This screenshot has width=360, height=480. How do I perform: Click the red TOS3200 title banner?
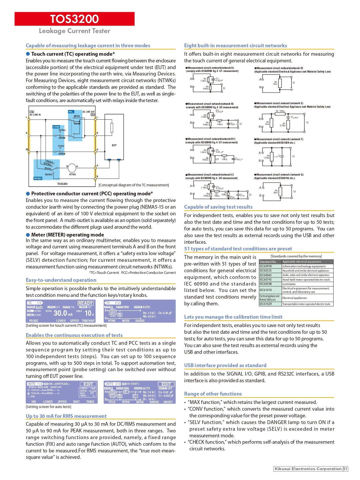[x=75, y=19]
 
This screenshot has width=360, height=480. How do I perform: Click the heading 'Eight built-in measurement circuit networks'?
[x=235, y=46]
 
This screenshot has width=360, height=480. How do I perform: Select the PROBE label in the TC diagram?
[x=38, y=178]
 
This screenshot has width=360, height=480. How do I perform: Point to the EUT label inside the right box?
[x=114, y=145]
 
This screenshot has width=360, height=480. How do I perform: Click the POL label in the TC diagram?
[x=71, y=112]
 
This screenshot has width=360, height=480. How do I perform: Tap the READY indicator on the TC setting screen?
[x=85, y=303]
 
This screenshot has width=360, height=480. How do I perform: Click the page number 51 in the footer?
[x=345, y=469]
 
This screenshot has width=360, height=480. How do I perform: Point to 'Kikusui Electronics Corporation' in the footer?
[x=308, y=469]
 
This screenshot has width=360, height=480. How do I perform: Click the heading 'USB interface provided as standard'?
[x=225, y=365]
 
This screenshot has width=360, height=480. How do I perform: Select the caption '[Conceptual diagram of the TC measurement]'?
[x=133, y=185]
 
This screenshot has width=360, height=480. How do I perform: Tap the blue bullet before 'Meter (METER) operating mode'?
[x=28, y=235]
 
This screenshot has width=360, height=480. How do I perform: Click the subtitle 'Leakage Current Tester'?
[x=75, y=31]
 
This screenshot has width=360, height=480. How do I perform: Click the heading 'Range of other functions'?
[x=213, y=394]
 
